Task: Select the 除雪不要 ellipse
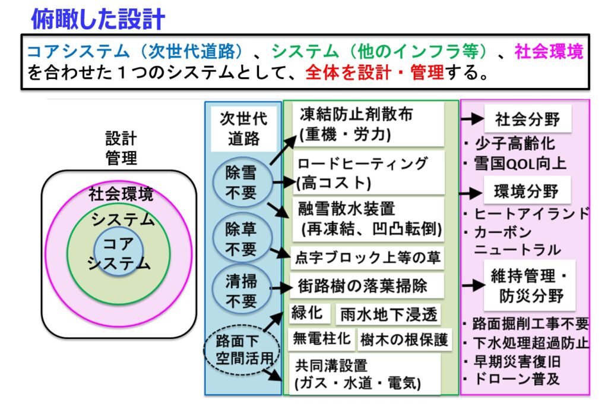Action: coord(242,183)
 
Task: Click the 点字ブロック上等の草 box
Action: coord(367,257)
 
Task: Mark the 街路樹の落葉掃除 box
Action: coord(367,286)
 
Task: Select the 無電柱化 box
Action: coord(321,339)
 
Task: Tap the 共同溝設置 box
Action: coord(365,374)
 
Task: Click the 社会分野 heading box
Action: coord(528,119)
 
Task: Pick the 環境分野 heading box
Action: coord(527,191)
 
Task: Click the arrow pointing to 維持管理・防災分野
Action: coord(473,285)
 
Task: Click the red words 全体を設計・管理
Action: coord(374,72)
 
